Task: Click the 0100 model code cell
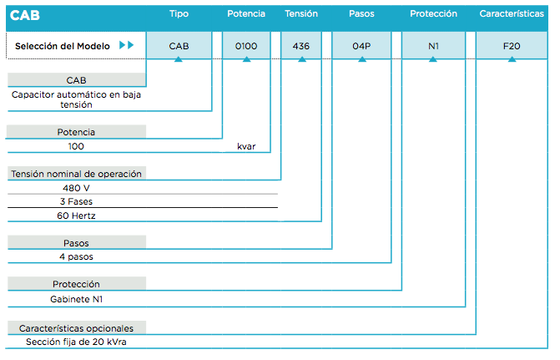point(246,45)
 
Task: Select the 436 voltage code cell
point(301,45)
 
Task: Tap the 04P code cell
point(361,45)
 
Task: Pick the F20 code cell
point(512,45)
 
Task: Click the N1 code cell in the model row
point(433,45)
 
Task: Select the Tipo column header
point(179,13)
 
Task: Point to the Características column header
point(512,13)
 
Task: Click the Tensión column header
point(301,13)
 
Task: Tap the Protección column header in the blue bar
point(433,13)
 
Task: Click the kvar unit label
point(246,146)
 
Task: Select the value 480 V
point(76,188)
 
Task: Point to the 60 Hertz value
point(76,215)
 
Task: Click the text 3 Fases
point(76,201)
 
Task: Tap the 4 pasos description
point(76,256)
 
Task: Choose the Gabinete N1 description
point(76,299)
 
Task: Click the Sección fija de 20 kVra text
point(76,342)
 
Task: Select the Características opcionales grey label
point(76,327)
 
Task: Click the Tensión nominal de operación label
point(76,174)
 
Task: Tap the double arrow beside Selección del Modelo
point(126,45)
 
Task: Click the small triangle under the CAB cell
point(179,59)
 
